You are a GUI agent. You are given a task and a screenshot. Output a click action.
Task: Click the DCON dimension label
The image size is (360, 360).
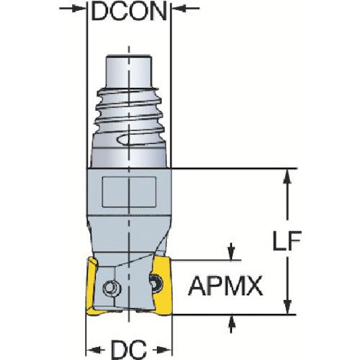tap(129, 12)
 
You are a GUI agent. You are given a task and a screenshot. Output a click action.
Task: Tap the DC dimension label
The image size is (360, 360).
tap(129, 349)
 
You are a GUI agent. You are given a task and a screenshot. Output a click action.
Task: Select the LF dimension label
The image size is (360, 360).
tap(287, 240)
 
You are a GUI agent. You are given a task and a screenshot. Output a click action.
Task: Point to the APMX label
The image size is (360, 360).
tap(225, 287)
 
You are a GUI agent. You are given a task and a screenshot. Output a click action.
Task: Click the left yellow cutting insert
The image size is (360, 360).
tap(92, 286)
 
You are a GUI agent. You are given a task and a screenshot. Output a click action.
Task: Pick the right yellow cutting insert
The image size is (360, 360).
tap(164, 285)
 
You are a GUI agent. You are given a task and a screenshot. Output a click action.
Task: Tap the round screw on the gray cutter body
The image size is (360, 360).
tap(112, 287)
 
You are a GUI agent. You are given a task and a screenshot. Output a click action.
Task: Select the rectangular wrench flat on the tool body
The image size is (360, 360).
tap(129, 192)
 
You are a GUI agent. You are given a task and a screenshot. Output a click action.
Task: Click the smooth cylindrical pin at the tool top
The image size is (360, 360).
tap(129, 72)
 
